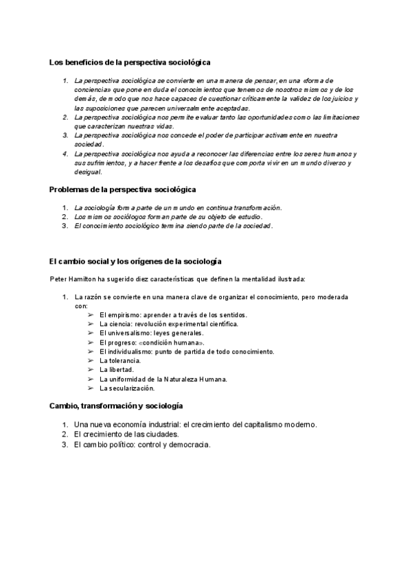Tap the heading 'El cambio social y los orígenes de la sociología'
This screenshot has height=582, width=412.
click(135, 261)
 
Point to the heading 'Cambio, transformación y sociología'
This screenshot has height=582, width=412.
click(116, 406)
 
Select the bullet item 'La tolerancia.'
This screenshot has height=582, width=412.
click(120, 360)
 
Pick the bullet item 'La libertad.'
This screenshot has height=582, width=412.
click(116, 369)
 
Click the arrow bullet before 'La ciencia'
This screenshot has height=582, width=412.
click(91, 323)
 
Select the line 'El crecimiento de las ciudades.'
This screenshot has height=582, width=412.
click(126, 434)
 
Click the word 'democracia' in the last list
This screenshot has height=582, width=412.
click(190, 444)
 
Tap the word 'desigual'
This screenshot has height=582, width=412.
click(87, 172)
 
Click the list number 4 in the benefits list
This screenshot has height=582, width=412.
click(65, 154)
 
